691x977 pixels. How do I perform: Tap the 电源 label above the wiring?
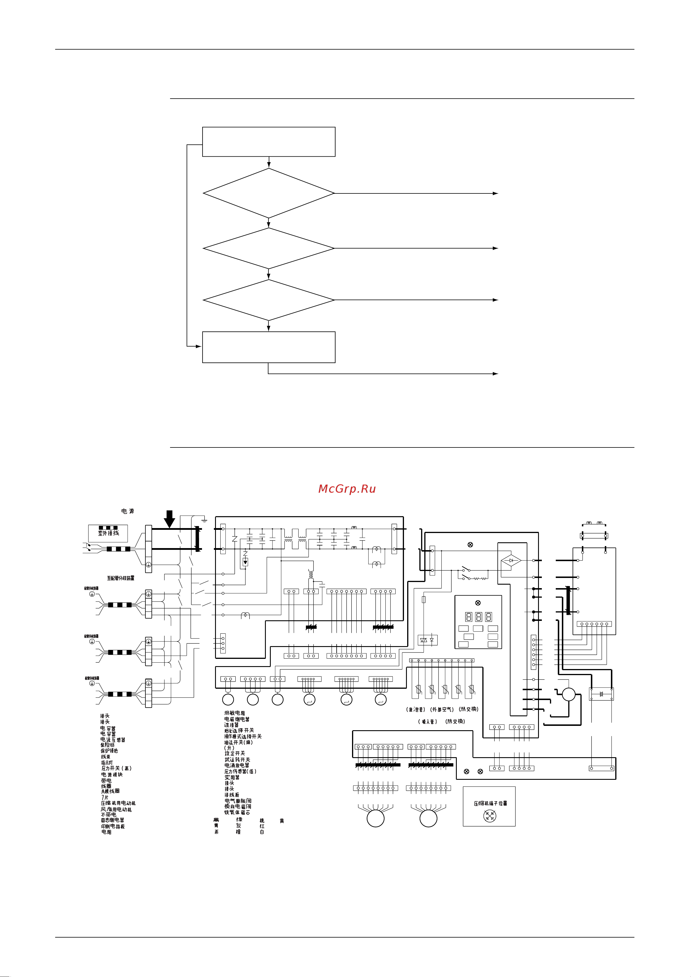click(x=127, y=511)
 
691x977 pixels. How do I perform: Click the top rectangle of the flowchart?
click(x=269, y=142)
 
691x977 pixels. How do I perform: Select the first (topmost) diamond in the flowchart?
click(x=269, y=193)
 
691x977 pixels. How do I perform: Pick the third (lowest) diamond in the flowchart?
click(x=269, y=300)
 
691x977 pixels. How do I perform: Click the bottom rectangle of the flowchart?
click(x=269, y=347)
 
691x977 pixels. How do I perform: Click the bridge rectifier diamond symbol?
click(x=511, y=561)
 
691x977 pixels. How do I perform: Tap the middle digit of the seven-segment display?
click(x=478, y=617)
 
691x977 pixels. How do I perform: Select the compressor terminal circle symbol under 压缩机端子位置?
click(x=490, y=816)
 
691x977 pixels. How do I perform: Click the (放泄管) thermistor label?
click(x=416, y=709)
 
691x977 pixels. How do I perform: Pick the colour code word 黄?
click(x=282, y=821)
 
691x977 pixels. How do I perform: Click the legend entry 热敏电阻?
click(x=234, y=713)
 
